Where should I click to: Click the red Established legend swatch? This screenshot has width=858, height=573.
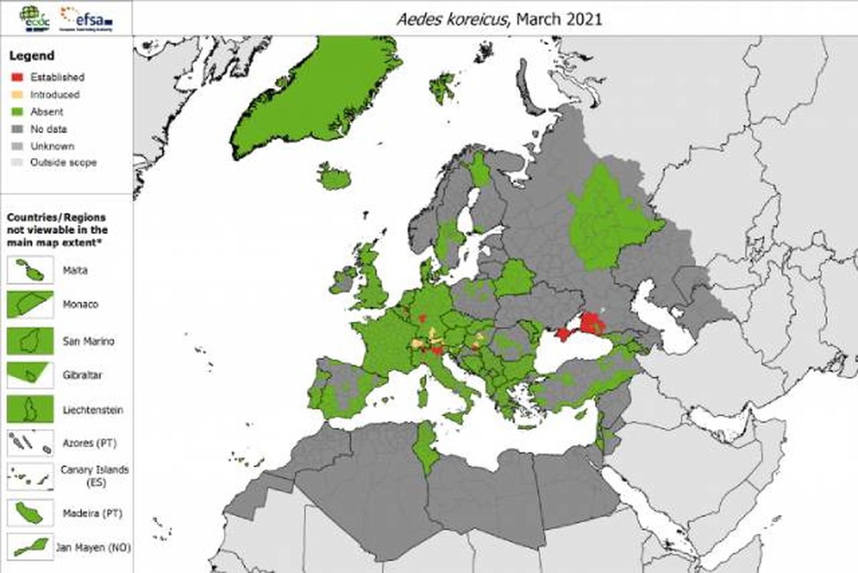(19, 77)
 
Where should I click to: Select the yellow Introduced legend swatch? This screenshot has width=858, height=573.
(19, 94)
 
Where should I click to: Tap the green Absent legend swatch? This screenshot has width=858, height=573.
(19, 112)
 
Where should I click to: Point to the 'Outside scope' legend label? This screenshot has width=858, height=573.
(63, 162)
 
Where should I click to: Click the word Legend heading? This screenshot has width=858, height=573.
(31, 56)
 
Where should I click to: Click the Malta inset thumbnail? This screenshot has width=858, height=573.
(30, 270)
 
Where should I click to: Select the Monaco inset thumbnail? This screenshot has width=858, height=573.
(30, 305)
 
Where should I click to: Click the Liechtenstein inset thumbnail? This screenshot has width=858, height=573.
(30, 409)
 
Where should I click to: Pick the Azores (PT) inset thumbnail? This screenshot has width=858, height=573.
(30, 444)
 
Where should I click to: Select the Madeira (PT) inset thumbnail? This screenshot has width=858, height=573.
(30, 512)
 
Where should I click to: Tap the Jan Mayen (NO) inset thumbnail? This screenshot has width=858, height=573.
(30, 547)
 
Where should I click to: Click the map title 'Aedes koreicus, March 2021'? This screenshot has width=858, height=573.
(499, 19)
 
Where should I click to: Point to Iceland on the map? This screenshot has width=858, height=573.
(334, 177)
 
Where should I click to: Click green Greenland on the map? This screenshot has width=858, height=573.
(315, 93)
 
